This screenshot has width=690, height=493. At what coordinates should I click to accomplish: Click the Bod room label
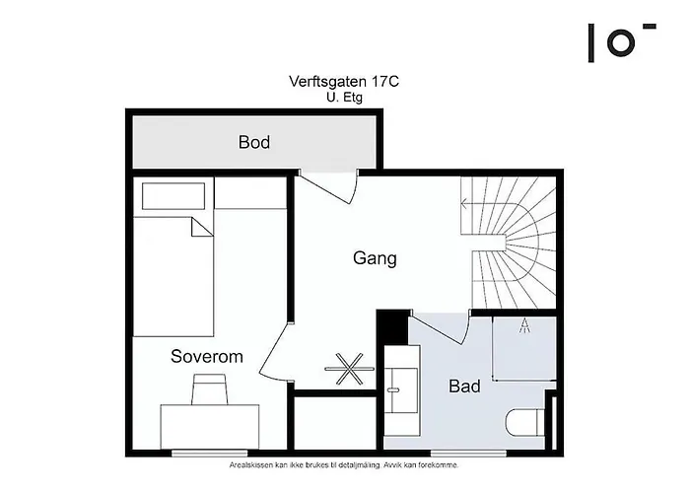(x=254, y=142)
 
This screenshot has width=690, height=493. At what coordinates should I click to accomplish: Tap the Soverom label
(x=206, y=356)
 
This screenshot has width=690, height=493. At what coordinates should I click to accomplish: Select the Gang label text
(x=375, y=258)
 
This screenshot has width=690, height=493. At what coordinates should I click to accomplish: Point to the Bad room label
(x=464, y=386)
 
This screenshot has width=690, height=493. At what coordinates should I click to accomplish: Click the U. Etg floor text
(x=344, y=98)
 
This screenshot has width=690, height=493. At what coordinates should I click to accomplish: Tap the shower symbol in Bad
(x=524, y=328)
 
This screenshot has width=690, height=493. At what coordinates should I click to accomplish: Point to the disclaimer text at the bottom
(x=344, y=463)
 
